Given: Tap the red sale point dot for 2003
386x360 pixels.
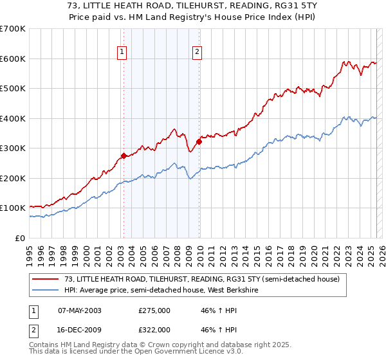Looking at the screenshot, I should point(123,156).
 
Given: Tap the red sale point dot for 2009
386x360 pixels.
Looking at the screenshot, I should point(198,141).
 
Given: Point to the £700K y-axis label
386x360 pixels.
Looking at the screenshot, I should point(13,29).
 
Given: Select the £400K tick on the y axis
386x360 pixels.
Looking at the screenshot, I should point(13,118).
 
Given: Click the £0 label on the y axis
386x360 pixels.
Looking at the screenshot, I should point(21,238).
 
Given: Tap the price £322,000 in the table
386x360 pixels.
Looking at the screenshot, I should point(154,330).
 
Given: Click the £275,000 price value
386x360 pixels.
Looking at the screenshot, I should point(154,310).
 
